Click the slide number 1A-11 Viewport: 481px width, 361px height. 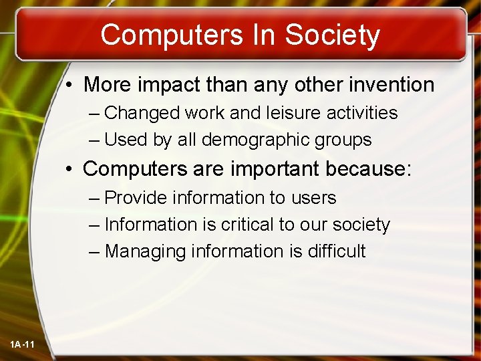[x=22, y=344]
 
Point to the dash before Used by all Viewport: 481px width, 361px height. [x=94, y=140]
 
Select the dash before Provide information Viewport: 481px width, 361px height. [x=94, y=198]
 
